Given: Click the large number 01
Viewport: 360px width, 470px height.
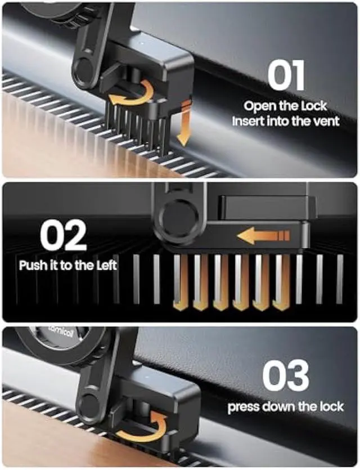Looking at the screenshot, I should (286, 77).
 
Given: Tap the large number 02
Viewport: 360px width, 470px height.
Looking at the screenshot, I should (63, 235).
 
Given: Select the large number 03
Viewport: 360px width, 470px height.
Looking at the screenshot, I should (286, 376).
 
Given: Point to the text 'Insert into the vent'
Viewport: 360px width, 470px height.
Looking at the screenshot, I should (286, 120).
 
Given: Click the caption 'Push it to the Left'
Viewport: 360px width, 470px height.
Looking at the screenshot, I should (67, 265).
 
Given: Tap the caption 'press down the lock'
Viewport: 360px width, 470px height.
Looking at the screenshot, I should (285, 406).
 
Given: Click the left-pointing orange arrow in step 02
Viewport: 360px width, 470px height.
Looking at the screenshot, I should (263, 235).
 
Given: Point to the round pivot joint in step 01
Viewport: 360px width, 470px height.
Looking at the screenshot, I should (85, 68).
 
